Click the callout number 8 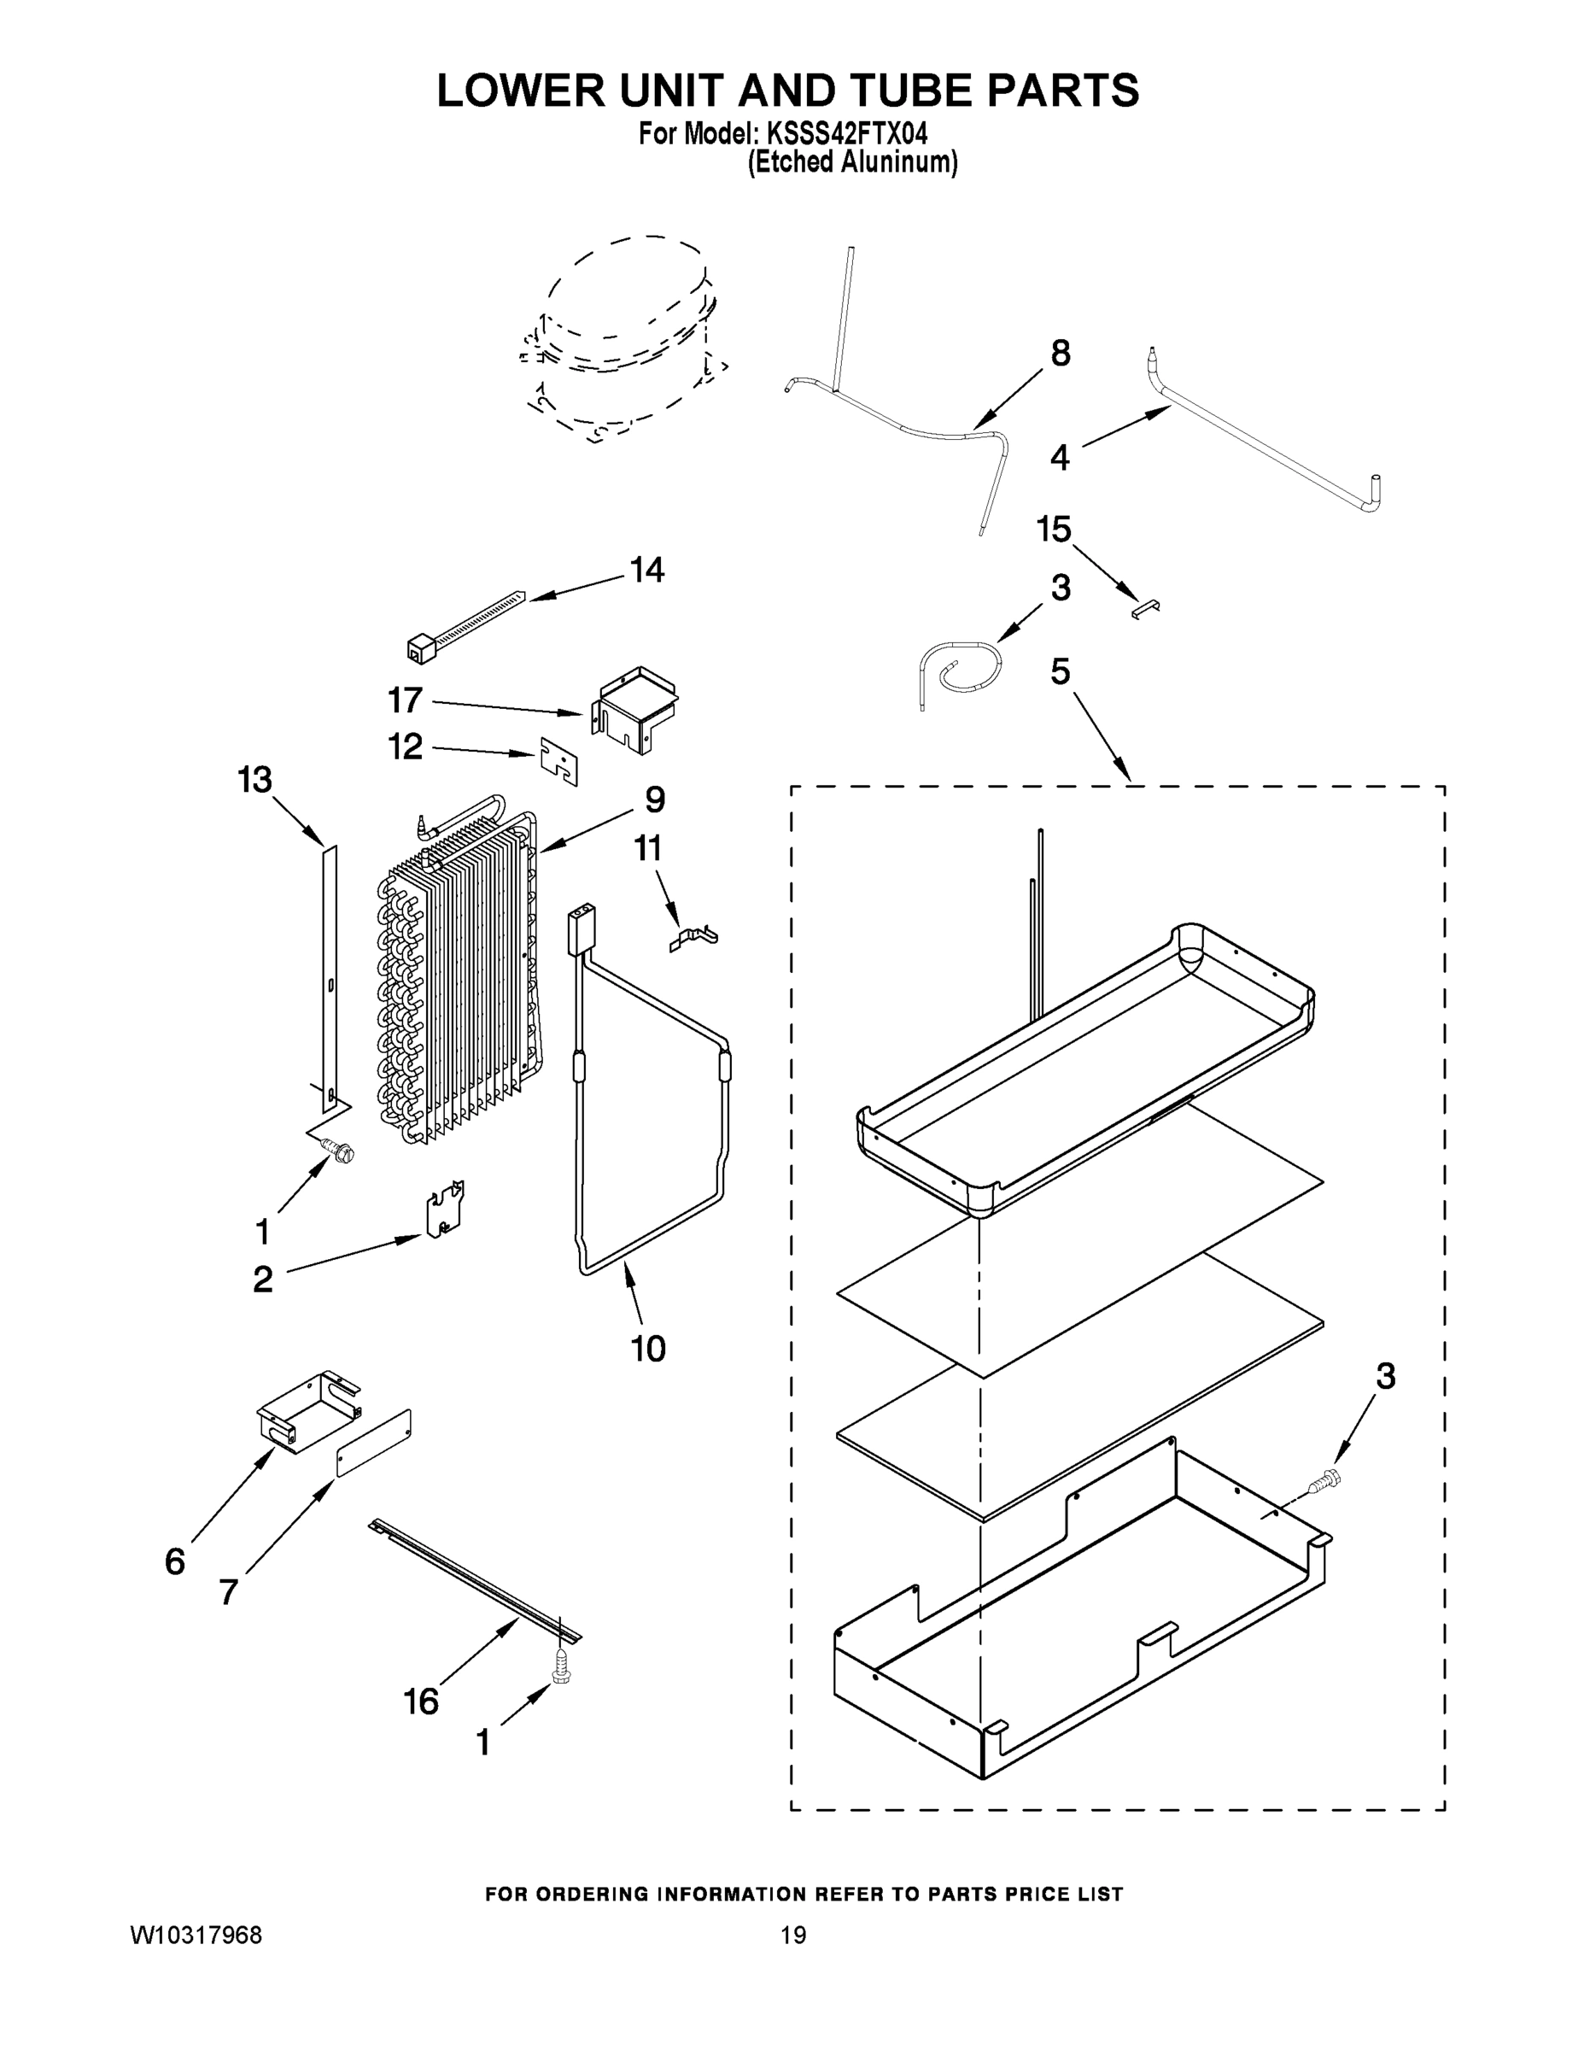pos(1060,354)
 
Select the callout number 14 pos(647,570)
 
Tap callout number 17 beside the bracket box pos(406,700)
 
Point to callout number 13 pos(255,780)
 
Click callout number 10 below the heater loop pos(647,1349)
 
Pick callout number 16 pos(421,1701)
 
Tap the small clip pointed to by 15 pos(1146,609)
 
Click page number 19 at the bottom pos(793,1936)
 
